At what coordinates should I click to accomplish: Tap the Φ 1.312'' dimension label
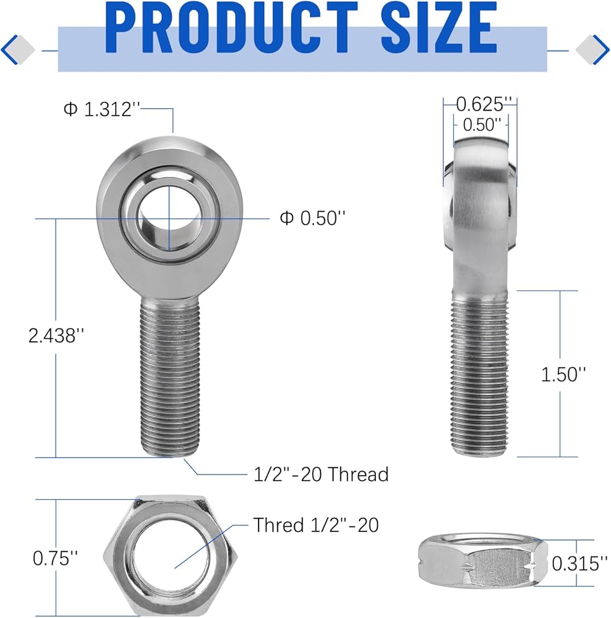[x=98, y=109]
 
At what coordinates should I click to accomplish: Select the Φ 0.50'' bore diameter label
[x=312, y=218]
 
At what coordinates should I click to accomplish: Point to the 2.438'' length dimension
[x=56, y=336]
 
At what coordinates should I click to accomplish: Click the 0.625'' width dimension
[x=481, y=103]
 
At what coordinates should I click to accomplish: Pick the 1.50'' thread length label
[x=563, y=374]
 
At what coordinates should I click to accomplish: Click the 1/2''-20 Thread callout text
[x=321, y=474]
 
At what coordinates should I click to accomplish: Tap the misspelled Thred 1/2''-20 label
[x=316, y=525]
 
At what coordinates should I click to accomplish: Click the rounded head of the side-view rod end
[x=481, y=204]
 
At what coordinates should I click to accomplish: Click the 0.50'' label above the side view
[x=481, y=124]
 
